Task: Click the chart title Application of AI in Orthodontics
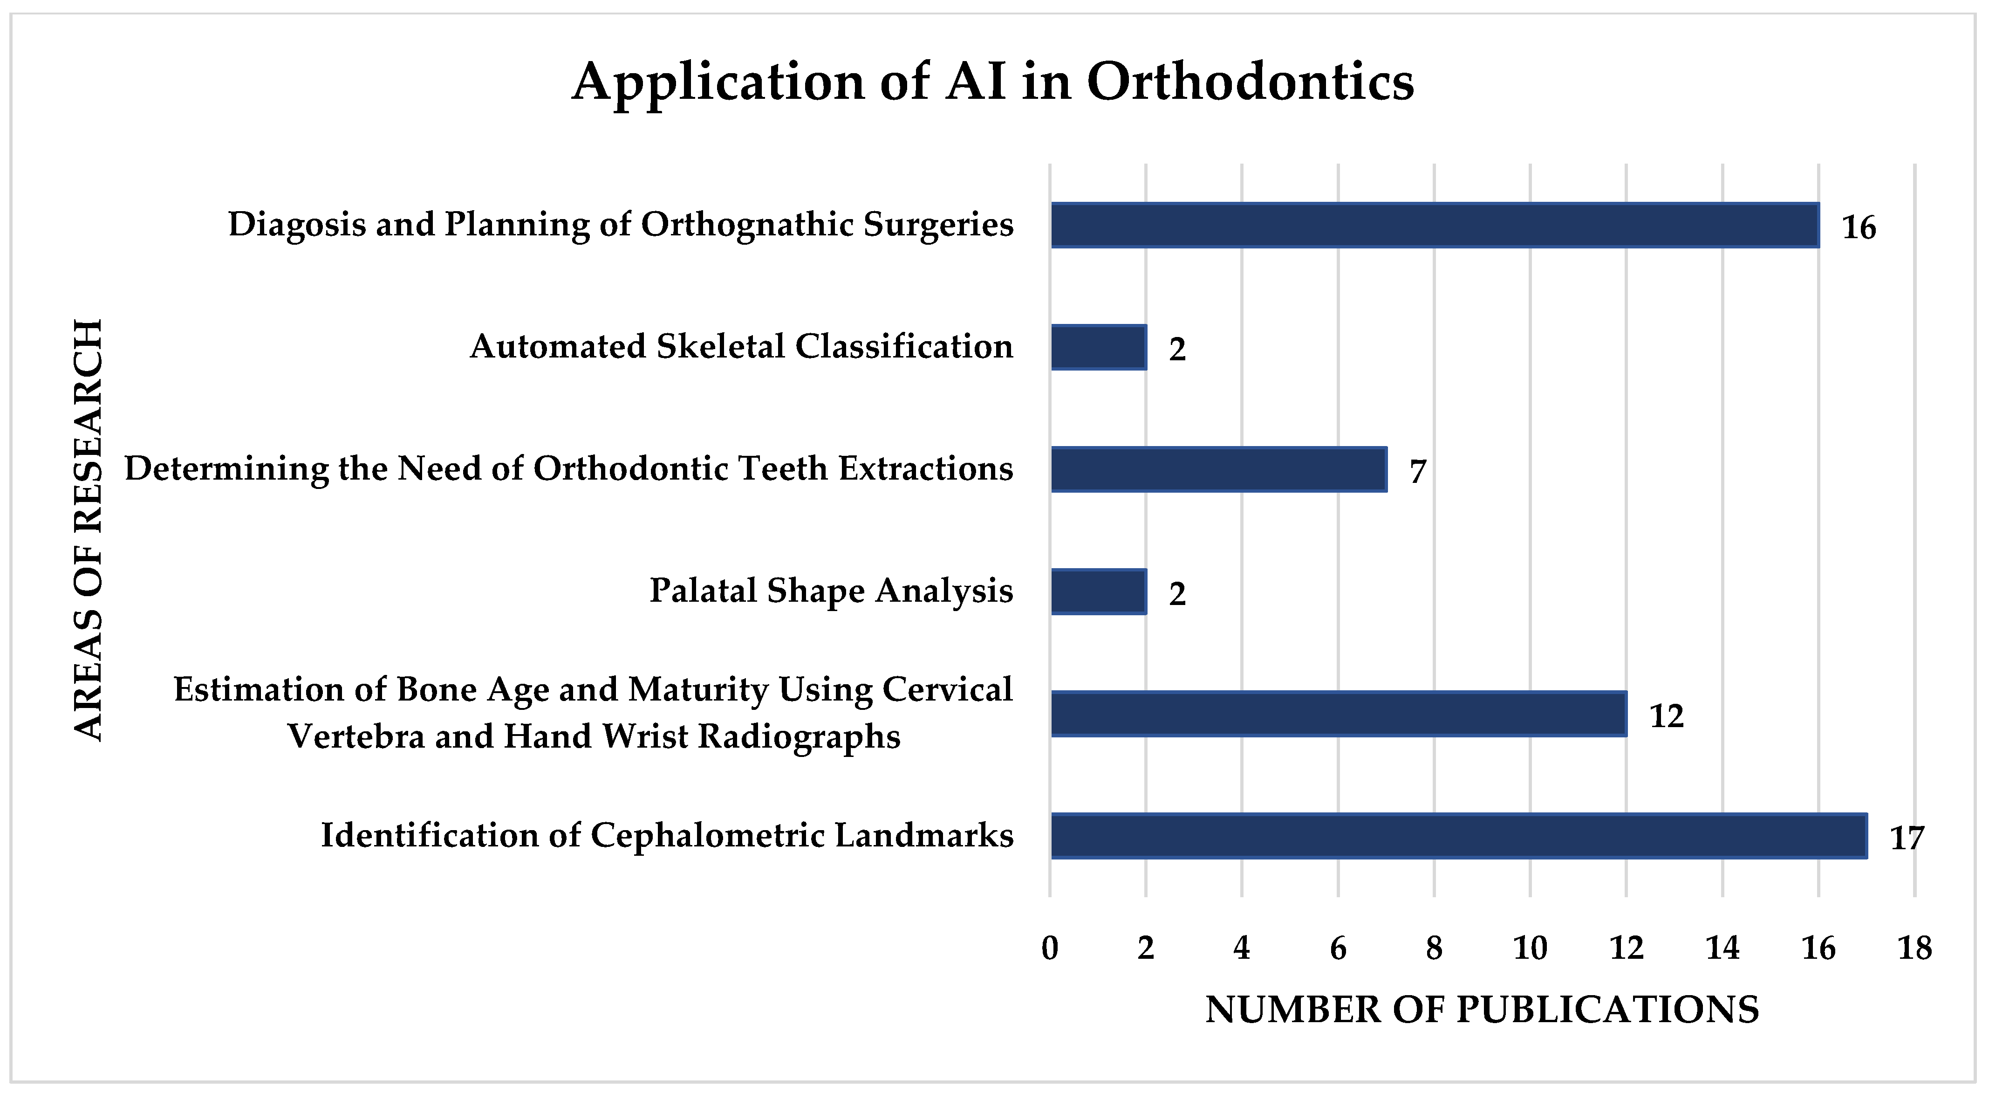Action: click(993, 82)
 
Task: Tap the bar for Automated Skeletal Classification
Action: click(1098, 348)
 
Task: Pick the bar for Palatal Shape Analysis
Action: click(1098, 591)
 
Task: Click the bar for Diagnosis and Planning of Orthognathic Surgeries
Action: click(1435, 226)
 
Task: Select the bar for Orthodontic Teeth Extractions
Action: click(1218, 470)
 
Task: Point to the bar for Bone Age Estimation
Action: click(1338, 714)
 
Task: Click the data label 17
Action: click(1907, 838)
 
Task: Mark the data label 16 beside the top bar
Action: click(1859, 228)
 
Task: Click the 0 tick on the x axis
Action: click(1050, 948)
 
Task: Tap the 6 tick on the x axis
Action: click(1338, 948)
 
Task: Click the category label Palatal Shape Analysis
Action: click(831, 591)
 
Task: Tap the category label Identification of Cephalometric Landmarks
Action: click(667, 836)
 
